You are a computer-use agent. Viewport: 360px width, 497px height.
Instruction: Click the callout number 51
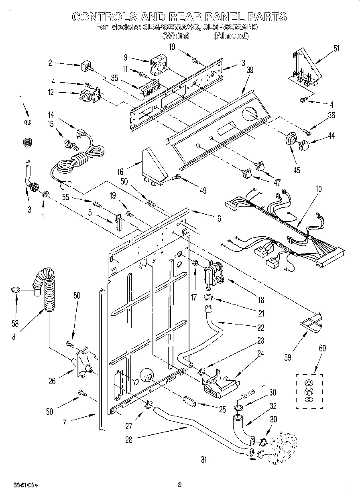[336, 49]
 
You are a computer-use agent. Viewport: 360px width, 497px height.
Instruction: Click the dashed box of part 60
[309, 392]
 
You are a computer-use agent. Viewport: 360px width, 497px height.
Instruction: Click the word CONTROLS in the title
[103, 17]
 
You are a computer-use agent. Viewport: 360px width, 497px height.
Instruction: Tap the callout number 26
[52, 381]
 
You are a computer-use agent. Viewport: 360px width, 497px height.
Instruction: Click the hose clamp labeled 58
[16, 290]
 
